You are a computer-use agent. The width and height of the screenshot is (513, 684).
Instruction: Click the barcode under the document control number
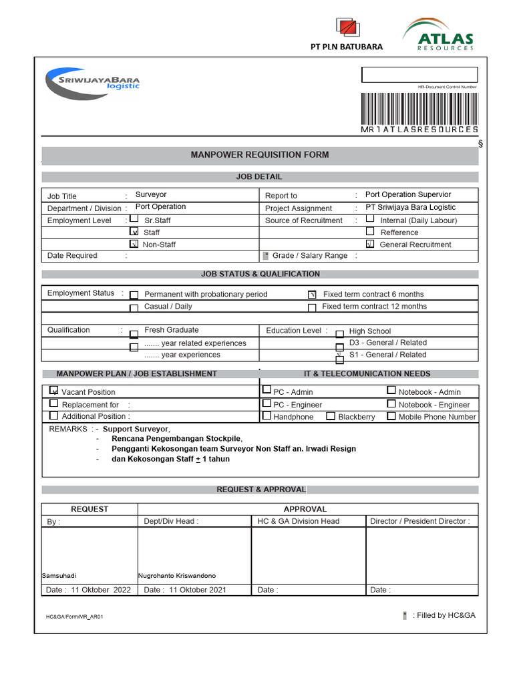pos(419,108)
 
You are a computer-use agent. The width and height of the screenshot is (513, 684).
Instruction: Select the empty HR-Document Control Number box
pos(419,75)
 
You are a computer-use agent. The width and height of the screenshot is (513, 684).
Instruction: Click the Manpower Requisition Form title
pos(260,155)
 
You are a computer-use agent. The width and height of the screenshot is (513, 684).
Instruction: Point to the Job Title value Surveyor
pos(151,195)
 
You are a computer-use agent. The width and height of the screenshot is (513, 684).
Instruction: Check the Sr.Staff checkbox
pos(134,219)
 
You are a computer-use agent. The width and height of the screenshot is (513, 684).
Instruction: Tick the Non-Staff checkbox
pos(134,244)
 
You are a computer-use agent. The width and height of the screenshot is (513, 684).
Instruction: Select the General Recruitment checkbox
pos(370,244)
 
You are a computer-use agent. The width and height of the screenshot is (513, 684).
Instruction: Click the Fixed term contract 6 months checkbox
pos(312,295)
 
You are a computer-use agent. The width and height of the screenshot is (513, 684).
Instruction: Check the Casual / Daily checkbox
pos(134,308)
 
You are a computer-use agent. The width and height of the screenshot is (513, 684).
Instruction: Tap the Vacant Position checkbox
pos(54,391)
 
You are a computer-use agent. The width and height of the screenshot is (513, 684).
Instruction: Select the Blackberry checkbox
pos(331,416)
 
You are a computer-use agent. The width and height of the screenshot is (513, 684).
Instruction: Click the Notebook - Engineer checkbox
pos(391,403)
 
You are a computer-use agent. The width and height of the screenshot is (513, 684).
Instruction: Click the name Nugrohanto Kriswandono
pos(177,576)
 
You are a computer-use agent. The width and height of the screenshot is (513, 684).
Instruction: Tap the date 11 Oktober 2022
pos(101,590)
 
